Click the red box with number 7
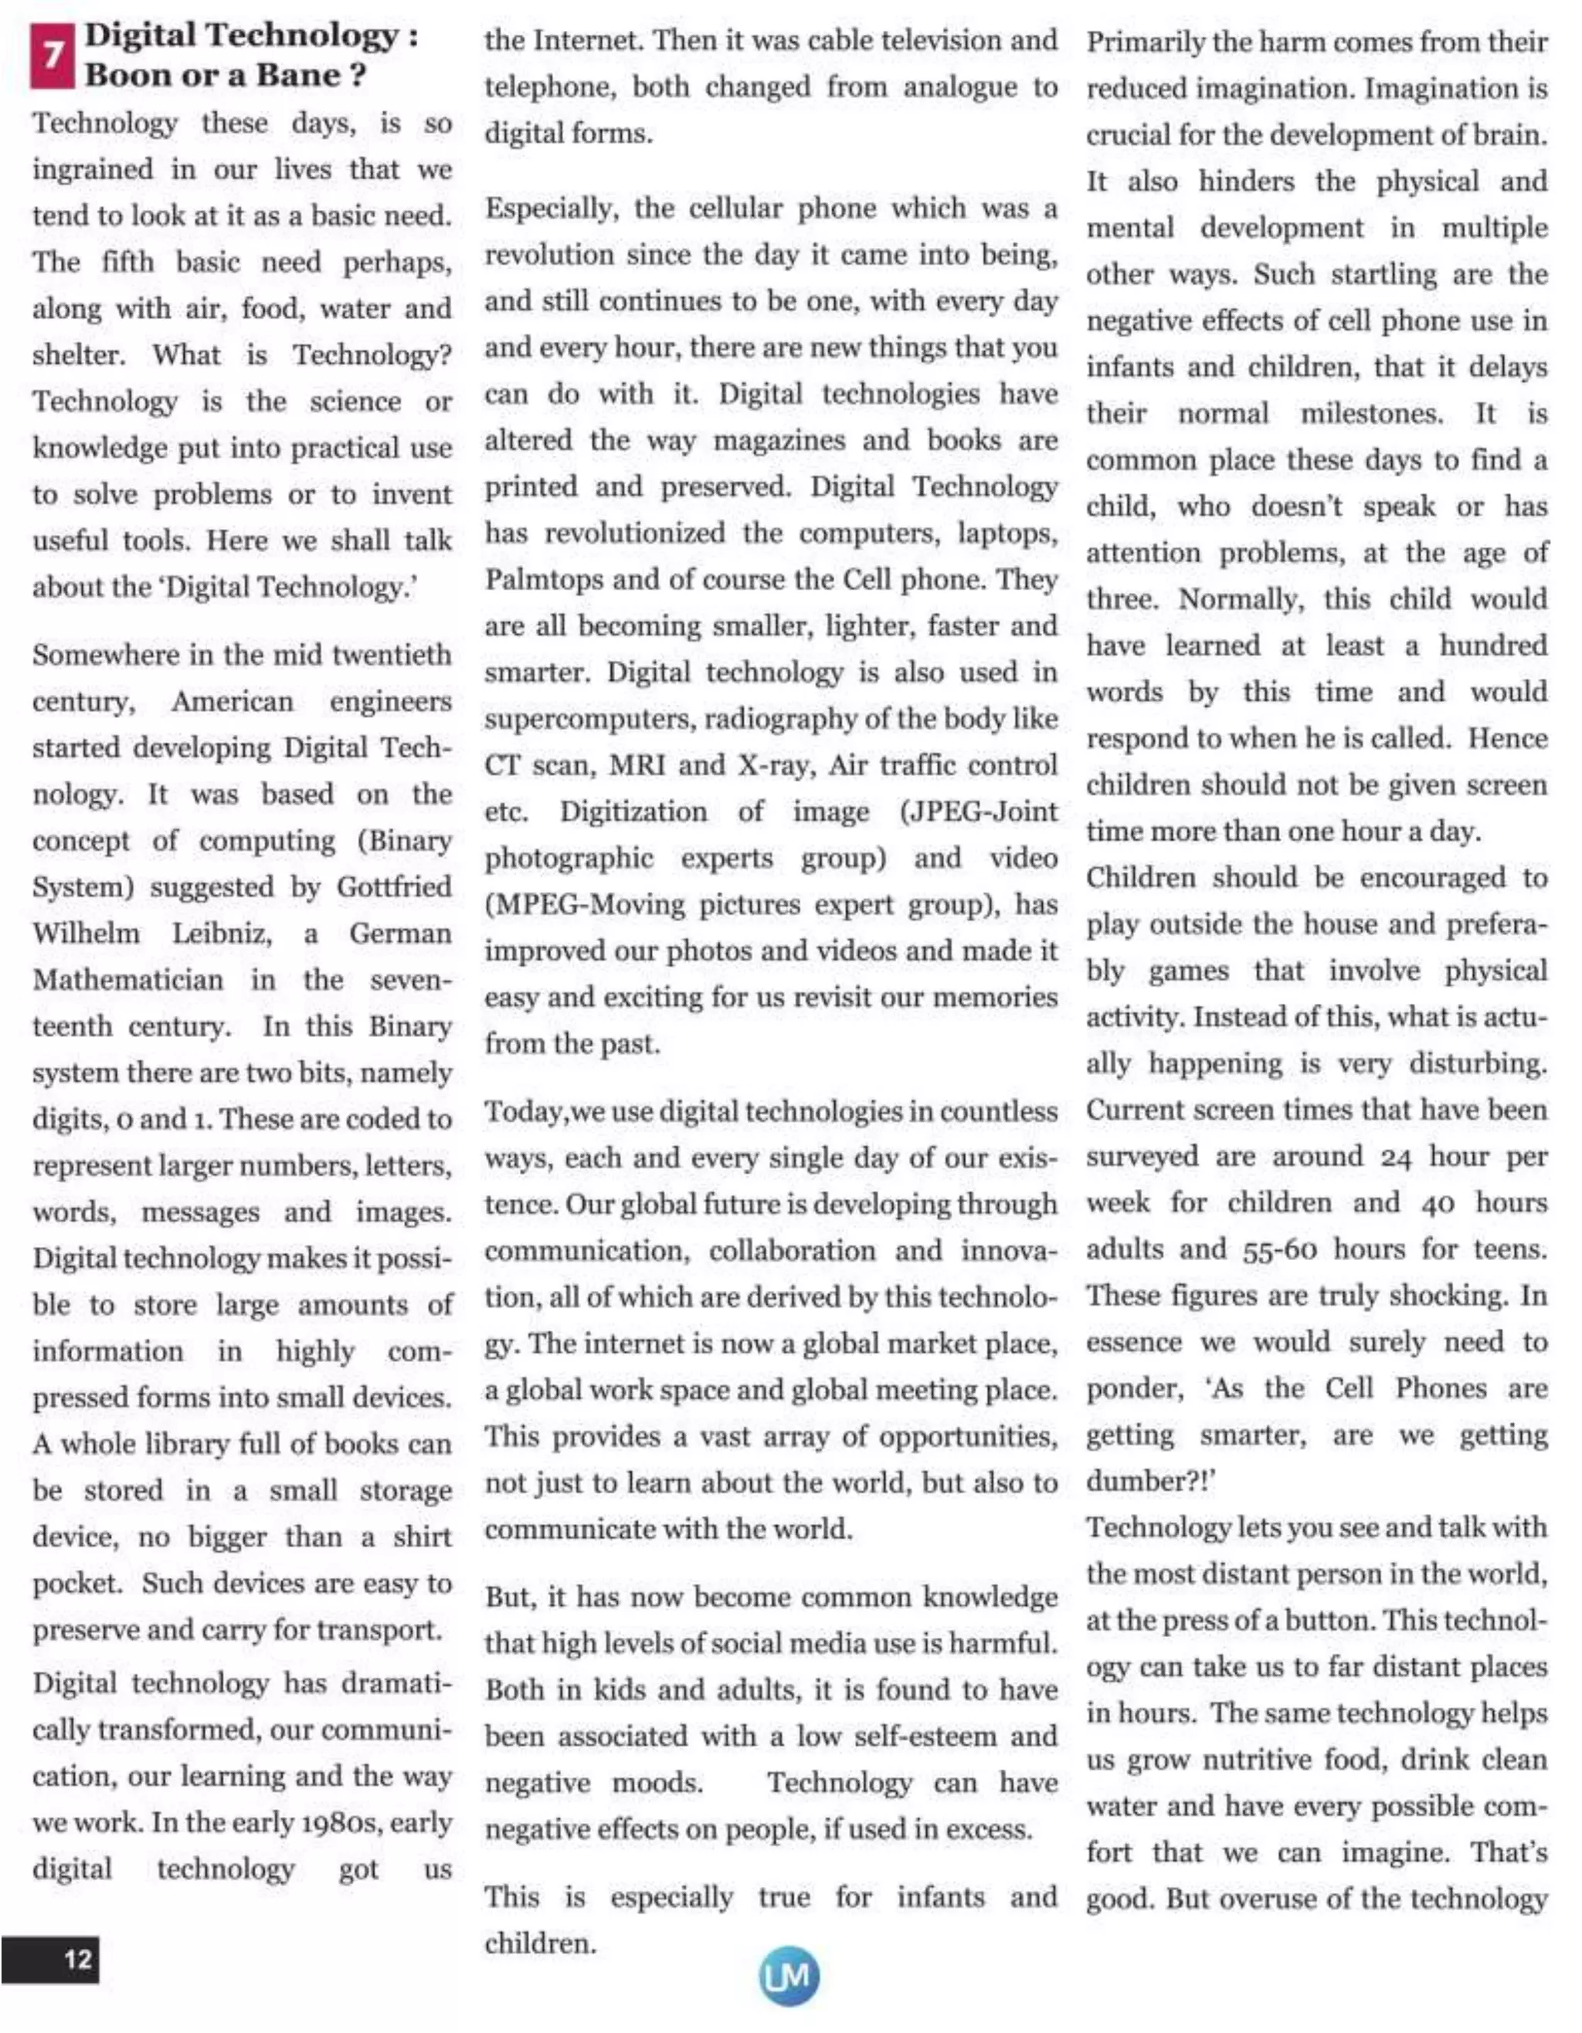coord(53,56)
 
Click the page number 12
coord(77,1959)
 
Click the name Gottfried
coord(394,887)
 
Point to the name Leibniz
coord(222,933)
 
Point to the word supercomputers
coord(589,719)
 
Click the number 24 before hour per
coord(1396,1157)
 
